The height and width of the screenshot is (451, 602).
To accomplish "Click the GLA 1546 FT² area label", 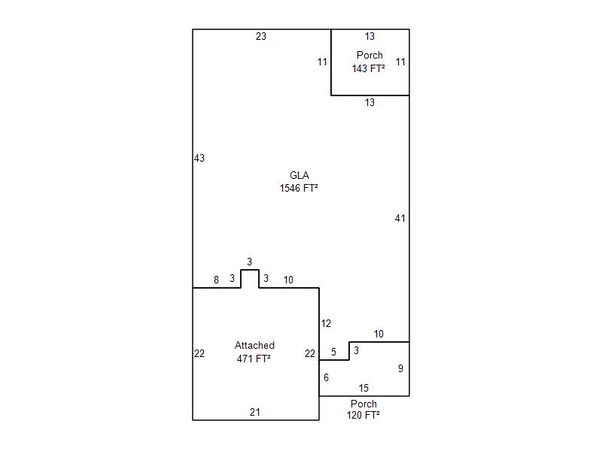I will [299, 182].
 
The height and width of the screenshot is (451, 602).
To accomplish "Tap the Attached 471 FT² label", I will [254, 352].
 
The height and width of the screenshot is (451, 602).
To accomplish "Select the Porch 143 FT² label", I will [369, 62].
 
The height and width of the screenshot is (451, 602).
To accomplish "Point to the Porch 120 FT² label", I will [363, 409].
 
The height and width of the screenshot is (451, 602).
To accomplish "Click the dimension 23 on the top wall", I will [260, 36].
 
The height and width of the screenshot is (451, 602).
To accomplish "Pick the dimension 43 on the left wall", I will [199, 158].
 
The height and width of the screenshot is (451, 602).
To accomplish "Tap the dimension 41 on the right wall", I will [400, 218].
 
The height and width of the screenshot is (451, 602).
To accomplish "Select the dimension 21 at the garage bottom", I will [255, 412].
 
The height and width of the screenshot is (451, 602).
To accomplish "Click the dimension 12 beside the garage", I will [326, 323].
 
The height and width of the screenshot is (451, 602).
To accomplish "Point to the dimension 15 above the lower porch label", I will [363, 388].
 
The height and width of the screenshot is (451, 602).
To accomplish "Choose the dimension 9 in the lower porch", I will [400, 368].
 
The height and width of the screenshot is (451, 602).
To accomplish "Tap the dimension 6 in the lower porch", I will [326, 377].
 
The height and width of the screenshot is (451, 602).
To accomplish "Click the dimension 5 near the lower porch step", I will [333, 352].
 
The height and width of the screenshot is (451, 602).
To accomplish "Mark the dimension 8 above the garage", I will [216, 280].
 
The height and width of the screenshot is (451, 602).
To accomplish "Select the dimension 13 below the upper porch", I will [369, 102].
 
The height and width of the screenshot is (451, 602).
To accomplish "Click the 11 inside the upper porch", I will [400, 62].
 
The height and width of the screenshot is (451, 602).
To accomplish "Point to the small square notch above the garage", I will [250, 279].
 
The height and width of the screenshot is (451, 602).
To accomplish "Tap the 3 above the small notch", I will [250, 262].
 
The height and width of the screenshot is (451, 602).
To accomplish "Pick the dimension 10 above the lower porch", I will [379, 334].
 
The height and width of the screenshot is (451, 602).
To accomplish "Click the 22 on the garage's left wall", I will [199, 353].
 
